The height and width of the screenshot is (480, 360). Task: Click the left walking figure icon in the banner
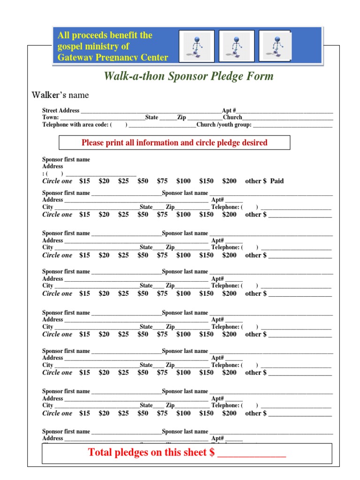pyautogui.click(x=197, y=46)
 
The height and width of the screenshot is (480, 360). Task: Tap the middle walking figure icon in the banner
pyautogui.click(x=237, y=46)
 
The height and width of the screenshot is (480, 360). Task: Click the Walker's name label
pyautogui.click(x=60, y=95)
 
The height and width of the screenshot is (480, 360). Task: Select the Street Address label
pyautogui.click(x=61, y=111)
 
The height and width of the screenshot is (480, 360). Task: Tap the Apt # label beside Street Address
pyautogui.click(x=229, y=111)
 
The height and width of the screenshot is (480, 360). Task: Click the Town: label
pyautogui.click(x=51, y=118)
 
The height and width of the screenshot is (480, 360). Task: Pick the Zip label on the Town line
pyautogui.click(x=181, y=118)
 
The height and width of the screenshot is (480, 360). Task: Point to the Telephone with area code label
pyautogui.click(x=75, y=125)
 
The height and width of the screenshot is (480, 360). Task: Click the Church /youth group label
pyautogui.click(x=224, y=125)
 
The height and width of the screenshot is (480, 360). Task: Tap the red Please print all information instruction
pyautogui.click(x=174, y=142)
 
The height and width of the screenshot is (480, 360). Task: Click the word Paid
pyautogui.click(x=277, y=181)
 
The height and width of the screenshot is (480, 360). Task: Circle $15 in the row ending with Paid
pyautogui.click(x=84, y=181)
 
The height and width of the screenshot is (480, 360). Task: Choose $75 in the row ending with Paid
pyautogui.click(x=162, y=181)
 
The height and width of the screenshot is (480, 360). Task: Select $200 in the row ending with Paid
pyautogui.click(x=229, y=181)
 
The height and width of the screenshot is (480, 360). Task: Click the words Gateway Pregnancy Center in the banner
pyautogui.click(x=112, y=58)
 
